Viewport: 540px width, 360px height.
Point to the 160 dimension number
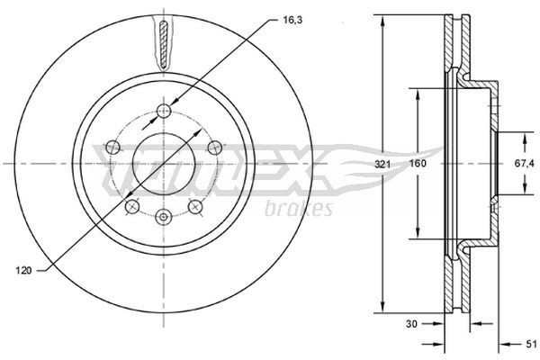pos(418,165)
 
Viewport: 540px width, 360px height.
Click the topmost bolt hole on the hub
pos(163,110)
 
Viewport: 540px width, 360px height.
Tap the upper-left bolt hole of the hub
pos(112,147)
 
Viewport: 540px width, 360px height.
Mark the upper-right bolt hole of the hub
pos(214,147)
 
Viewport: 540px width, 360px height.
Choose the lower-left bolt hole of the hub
pos(131,207)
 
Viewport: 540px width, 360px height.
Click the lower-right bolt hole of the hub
pos(194,207)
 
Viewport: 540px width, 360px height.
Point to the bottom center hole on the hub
pos(163,217)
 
